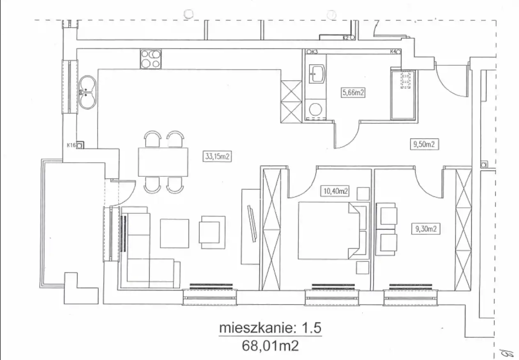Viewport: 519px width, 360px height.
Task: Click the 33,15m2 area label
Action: coord(217,157)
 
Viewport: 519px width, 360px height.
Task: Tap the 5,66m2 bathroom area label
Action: coord(353,92)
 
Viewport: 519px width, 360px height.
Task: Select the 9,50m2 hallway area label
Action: coord(424,144)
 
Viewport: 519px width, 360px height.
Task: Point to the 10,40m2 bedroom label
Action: coord(335,191)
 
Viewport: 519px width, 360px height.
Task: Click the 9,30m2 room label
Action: coord(426,229)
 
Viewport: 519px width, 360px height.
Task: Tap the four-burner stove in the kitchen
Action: coord(151,59)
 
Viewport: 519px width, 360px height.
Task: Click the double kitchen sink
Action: coord(87,92)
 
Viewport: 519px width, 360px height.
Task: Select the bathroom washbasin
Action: coord(317,74)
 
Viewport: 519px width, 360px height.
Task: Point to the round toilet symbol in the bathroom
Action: coord(315,109)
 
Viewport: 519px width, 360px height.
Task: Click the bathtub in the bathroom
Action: coord(403,95)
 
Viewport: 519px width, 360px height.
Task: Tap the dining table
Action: coord(163,162)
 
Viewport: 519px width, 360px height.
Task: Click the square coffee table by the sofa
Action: coord(175,233)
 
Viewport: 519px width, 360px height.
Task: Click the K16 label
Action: coord(71,145)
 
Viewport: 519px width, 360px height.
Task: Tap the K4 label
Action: coord(393,51)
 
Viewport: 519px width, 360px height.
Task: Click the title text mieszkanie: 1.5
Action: coord(270,328)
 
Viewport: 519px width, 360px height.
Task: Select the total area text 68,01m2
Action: coord(270,346)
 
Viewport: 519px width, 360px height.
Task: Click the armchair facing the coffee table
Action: coord(212,233)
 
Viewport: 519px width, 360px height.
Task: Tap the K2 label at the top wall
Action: coord(346,38)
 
